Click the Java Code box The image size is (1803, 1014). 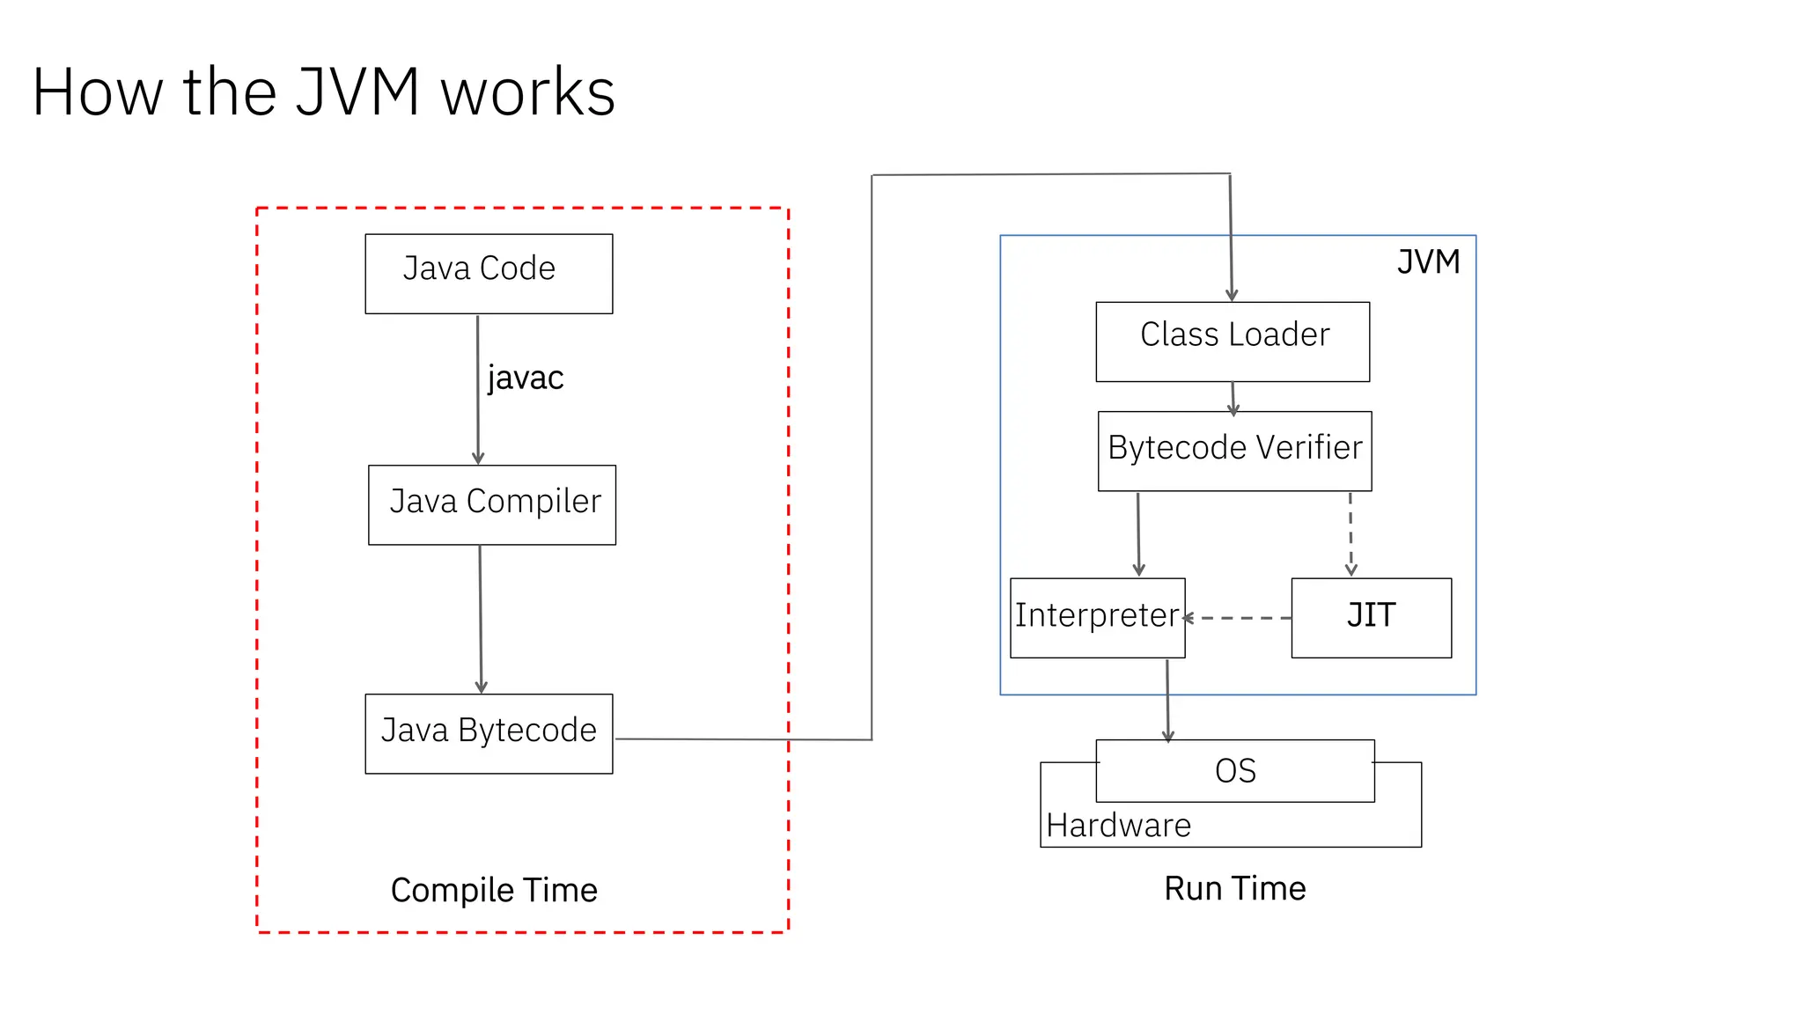point(489,273)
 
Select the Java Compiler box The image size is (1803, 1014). point(492,504)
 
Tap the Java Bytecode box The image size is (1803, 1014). point(489,733)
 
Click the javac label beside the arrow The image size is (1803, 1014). point(526,378)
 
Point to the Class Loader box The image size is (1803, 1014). point(1233,342)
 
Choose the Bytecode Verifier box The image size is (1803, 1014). point(1234,451)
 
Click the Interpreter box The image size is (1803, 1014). point(1097,617)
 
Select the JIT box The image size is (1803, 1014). point(1371,617)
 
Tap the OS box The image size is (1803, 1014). point(1234,771)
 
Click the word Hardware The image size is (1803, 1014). point(1118,826)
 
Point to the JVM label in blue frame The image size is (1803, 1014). point(1428,262)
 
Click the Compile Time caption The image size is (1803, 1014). point(494,890)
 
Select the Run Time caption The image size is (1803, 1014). point(1234,888)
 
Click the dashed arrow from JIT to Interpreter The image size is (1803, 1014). point(1238,618)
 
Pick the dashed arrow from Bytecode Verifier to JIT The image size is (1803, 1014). point(1350,533)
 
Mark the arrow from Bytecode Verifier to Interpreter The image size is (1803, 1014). point(1138,533)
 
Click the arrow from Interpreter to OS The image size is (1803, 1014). point(1167,699)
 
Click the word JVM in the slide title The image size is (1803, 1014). point(357,92)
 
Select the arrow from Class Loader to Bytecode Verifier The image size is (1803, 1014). point(1233,397)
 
